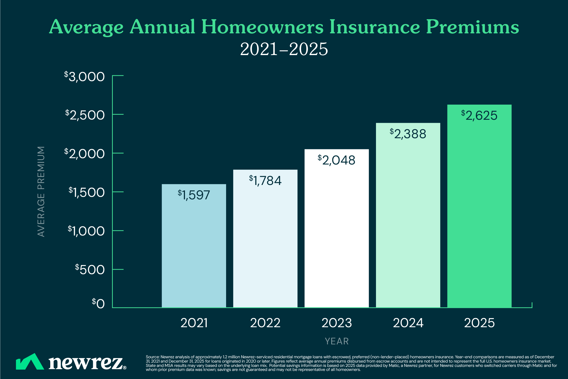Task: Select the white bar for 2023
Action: click(337, 232)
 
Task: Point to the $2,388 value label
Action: click(408, 134)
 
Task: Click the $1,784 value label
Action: click(265, 180)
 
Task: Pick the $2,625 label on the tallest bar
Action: click(479, 115)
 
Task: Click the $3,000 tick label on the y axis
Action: click(85, 77)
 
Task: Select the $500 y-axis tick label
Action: click(90, 270)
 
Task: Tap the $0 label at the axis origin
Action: click(98, 303)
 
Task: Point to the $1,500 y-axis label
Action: click(87, 192)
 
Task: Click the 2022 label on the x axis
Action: click(265, 323)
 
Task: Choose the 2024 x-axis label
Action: click(408, 323)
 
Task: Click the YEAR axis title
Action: click(337, 341)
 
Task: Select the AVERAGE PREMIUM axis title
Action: click(41, 192)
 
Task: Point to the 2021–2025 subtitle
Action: click(284, 49)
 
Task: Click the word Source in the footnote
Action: click(152, 357)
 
